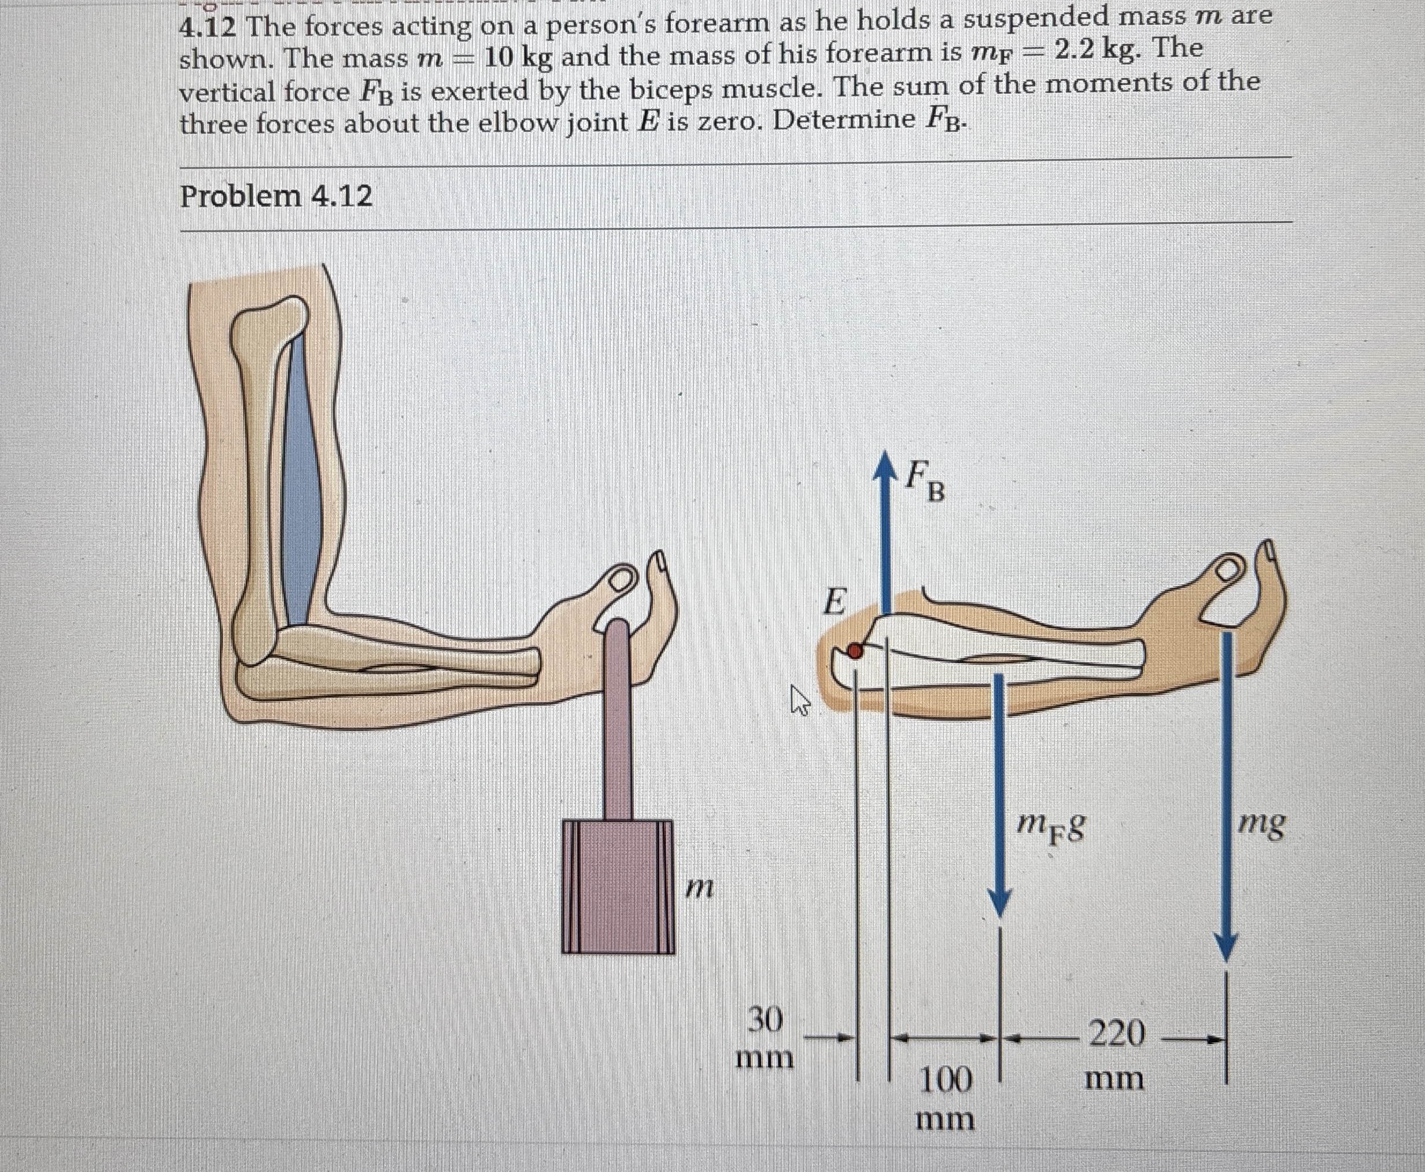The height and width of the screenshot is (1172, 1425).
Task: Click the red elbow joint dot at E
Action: pos(855,651)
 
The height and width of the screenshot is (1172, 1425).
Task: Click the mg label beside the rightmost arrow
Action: pos(1262,824)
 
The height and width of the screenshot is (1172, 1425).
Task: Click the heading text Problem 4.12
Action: pos(276,197)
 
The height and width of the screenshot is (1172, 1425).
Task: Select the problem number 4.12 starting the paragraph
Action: pos(207,28)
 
